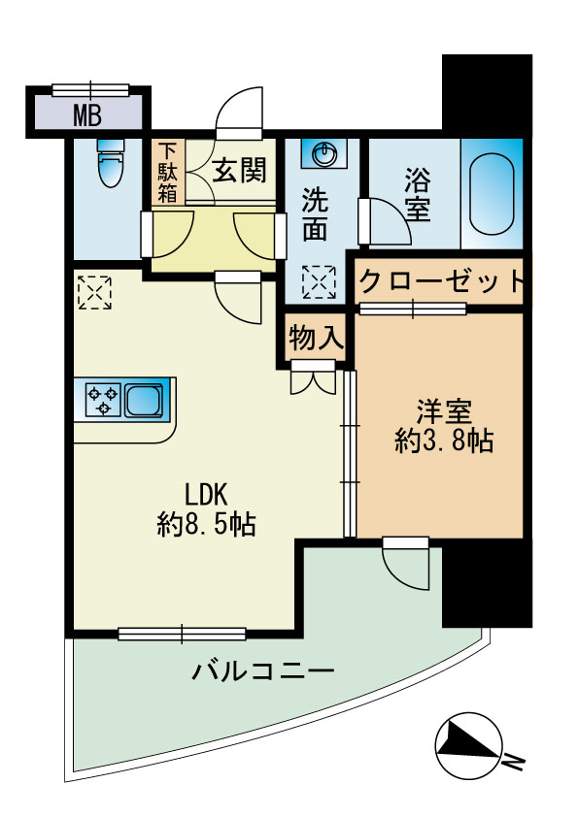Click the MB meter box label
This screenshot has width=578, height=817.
click(x=88, y=116)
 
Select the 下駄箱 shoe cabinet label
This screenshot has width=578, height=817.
click(x=168, y=174)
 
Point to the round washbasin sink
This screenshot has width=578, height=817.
click(x=323, y=154)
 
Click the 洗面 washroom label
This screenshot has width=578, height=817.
click(x=315, y=214)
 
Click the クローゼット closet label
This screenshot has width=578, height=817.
click(x=440, y=282)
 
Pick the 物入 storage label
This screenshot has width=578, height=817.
click(x=315, y=338)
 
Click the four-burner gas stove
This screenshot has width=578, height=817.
click(x=103, y=399)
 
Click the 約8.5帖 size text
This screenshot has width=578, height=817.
click(x=206, y=525)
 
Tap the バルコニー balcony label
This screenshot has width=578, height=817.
click(x=263, y=670)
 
